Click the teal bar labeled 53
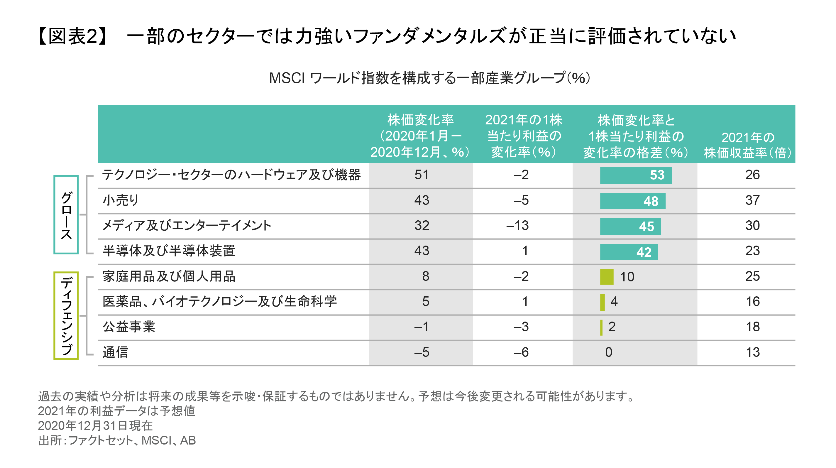pos(635,175)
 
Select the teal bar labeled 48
pos(632,201)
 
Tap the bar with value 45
pos(630,226)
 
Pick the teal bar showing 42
pos(628,252)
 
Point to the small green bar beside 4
pos(602,302)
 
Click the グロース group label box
pos(66,214)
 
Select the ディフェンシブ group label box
pos(66,315)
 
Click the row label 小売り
pos(120,200)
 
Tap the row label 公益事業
pos(129,327)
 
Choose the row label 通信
pos(115,352)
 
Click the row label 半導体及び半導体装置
pos(169,251)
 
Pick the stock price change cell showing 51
pos(421,175)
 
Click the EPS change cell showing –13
pos(517,226)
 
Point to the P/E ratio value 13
pos(752,352)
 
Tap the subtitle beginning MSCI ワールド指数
pos(429,78)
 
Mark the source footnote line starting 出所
pos(117,440)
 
